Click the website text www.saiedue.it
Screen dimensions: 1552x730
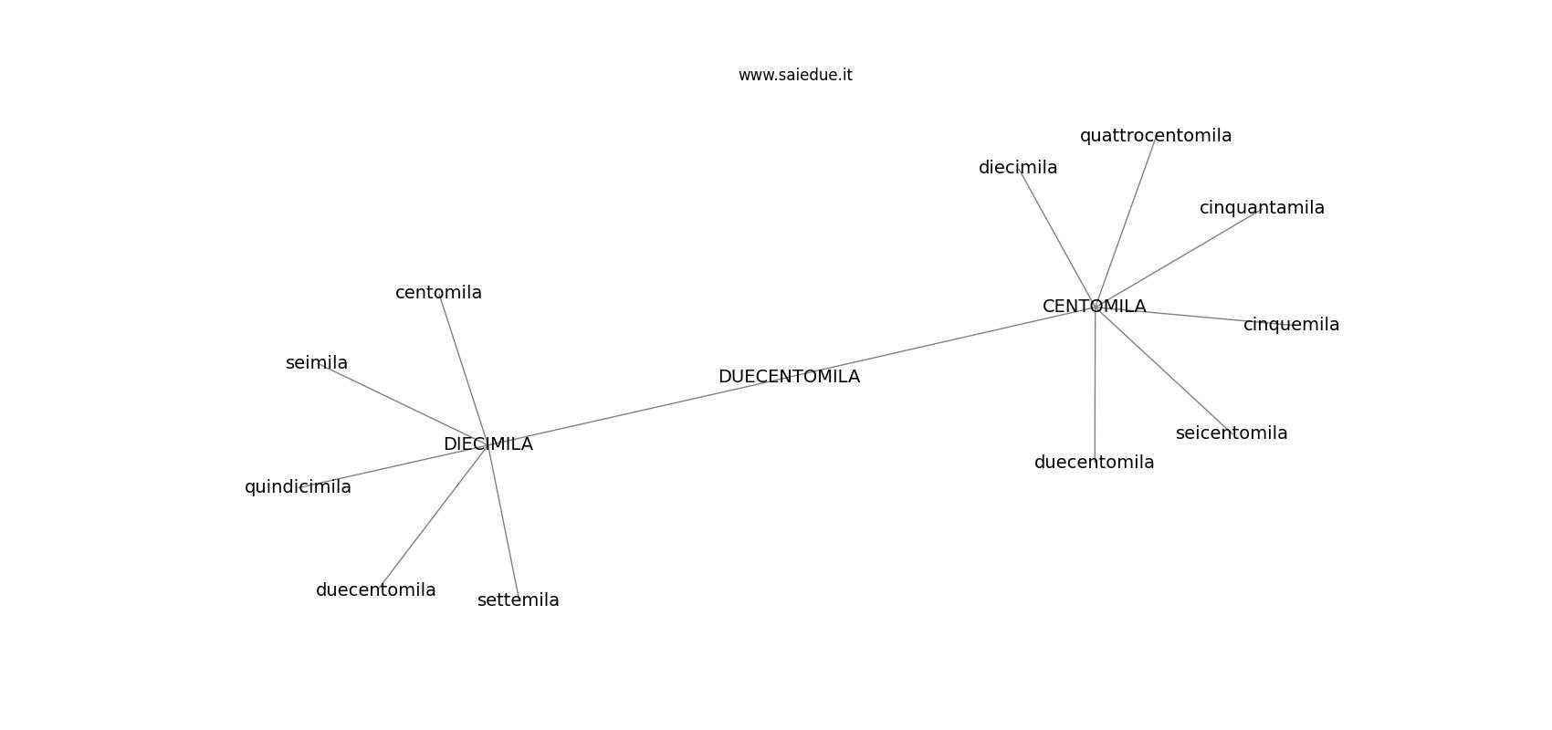click(794, 75)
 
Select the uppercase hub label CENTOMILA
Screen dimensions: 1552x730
click(1094, 306)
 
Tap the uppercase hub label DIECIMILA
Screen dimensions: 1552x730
click(488, 444)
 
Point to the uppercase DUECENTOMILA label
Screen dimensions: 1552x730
click(789, 376)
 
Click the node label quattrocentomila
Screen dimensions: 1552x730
click(1156, 136)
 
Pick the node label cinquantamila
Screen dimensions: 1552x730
click(1262, 208)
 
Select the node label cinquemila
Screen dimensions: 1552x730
click(1292, 324)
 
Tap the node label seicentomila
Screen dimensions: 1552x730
click(1232, 433)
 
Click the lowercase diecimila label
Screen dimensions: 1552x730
click(1018, 168)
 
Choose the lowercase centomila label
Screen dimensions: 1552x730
click(438, 292)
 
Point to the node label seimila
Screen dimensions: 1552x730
click(317, 362)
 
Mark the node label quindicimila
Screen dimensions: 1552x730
click(298, 487)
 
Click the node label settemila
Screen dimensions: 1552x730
click(519, 600)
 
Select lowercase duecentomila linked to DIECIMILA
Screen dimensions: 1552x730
click(375, 590)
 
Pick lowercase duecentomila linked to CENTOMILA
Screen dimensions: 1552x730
click(1094, 462)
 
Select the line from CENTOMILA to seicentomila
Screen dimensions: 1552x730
click(1162, 370)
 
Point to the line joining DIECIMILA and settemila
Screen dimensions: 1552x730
click(504, 522)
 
